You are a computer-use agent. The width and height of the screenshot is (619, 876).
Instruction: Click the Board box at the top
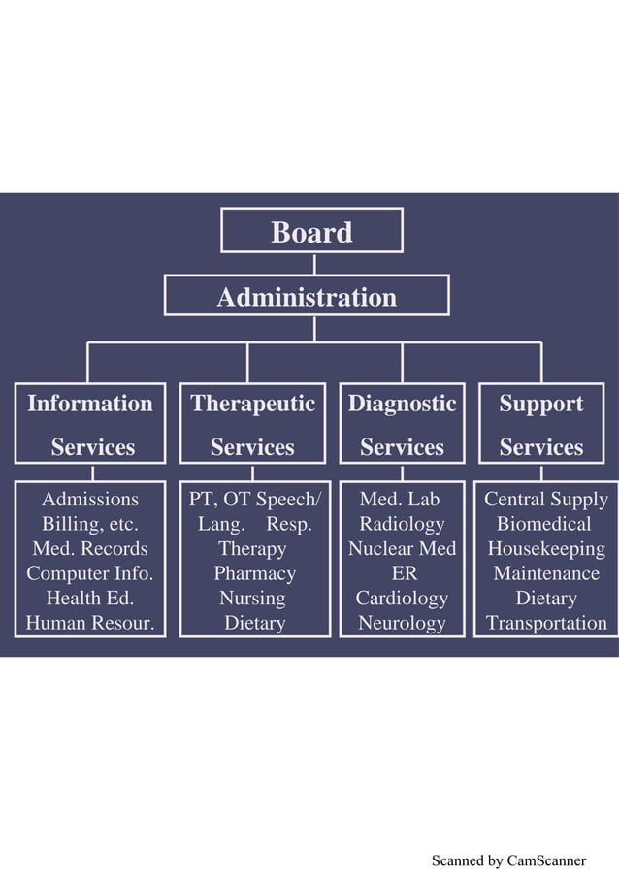311,232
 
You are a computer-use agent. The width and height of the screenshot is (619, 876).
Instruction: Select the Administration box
307,297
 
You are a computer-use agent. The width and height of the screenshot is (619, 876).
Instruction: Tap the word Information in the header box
89,404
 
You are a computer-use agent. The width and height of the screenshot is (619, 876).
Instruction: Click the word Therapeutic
252,404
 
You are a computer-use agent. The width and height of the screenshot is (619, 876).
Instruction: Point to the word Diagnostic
402,404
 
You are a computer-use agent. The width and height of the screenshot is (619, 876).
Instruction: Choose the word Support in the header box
540,404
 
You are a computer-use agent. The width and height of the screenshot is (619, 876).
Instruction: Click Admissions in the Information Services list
89,500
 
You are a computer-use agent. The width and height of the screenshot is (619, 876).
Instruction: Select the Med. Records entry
89,549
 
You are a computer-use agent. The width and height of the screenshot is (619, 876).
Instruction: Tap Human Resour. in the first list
89,623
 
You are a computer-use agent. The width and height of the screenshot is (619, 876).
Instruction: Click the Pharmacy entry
254,573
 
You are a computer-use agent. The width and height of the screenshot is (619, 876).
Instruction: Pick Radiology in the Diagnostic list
402,524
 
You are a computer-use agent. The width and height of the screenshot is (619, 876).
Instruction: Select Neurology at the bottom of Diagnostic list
402,623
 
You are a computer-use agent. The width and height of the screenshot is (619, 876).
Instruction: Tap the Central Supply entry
545,500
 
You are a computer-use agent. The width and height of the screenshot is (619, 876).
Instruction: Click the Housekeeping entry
545,549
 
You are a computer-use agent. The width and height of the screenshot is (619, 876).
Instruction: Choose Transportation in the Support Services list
545,623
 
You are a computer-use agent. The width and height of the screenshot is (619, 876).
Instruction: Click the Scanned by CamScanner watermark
508,860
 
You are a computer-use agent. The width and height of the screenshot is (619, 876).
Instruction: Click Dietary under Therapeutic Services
254,623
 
